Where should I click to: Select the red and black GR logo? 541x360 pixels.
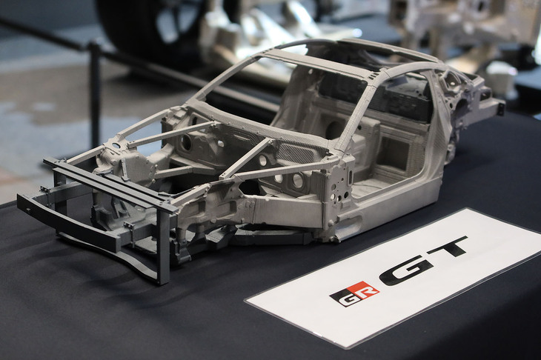coord(354,293)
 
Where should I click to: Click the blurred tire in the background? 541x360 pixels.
coord(141,22)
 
